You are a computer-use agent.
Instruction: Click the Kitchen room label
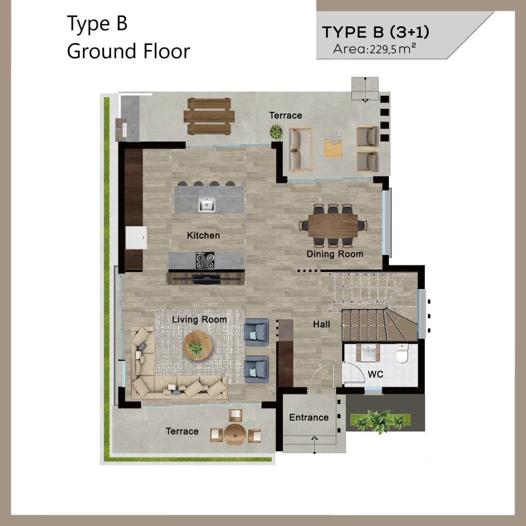203,235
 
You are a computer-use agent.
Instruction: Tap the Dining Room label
335,254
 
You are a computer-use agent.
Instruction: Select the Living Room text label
199,320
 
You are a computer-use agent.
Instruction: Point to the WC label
376,374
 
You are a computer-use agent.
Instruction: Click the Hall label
322,324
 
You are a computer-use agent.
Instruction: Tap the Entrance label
309,417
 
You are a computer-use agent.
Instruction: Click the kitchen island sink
206,205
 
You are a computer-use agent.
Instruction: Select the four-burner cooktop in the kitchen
205,260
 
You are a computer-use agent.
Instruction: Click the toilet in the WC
402,353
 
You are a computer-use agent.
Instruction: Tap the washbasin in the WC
368,352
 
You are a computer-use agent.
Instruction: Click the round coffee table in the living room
198,346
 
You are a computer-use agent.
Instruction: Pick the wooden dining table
333,225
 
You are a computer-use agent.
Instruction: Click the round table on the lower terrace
235,434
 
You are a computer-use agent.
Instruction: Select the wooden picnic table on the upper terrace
209,117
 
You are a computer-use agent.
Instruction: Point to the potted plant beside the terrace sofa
276,132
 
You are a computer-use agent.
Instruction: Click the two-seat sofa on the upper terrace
301,150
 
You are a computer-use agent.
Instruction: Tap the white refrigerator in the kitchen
136,238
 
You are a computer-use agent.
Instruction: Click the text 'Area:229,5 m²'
374,49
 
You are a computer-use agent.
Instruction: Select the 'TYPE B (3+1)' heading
376,32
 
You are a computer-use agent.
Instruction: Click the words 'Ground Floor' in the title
128,51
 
